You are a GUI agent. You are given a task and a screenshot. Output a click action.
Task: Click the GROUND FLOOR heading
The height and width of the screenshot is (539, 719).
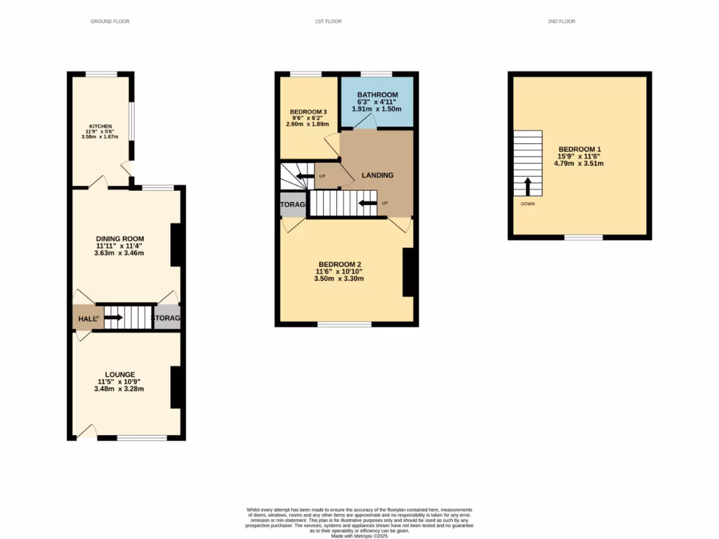click(x=110, y=22)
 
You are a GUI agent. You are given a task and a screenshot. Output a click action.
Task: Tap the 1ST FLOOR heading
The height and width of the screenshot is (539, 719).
click(x=329, y=22)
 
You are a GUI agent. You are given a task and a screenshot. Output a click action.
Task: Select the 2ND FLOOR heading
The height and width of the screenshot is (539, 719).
click(x=562, y=22)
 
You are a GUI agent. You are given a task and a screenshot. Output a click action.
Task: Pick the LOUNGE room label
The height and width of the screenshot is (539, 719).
click(x=120, y=374)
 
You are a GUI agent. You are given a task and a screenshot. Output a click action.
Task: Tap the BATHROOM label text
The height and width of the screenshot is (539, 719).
click(x=377, y=95)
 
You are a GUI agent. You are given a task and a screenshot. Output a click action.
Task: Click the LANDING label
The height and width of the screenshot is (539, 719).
click(x=377, y=175)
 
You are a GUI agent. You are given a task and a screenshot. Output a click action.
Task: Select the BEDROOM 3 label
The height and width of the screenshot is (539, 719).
click(x=308, y=112)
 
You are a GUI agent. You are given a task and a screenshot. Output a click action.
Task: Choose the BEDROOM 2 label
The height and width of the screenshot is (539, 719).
click(x=339, y=264)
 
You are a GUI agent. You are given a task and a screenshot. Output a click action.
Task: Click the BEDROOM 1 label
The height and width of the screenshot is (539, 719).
click(x=579, y=149)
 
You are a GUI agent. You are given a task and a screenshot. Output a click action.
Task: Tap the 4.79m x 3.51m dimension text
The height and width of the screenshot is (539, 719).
click(x=579, y=164)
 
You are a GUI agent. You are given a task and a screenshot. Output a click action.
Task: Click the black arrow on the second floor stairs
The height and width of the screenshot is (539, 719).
click(x=527, y=186)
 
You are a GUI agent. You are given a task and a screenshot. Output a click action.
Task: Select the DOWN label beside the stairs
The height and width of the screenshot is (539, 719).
click(x=527, y=204)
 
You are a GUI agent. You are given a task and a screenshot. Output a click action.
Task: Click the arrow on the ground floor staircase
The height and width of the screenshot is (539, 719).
click(x=114, y=318)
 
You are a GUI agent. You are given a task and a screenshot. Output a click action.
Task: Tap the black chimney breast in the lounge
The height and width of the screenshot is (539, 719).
click(x=178, y=387)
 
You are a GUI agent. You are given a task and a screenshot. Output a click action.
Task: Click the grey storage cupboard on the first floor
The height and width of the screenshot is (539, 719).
click(x=293, y=204)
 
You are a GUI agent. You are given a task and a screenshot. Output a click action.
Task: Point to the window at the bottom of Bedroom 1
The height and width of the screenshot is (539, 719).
click(x=583, y=237)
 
